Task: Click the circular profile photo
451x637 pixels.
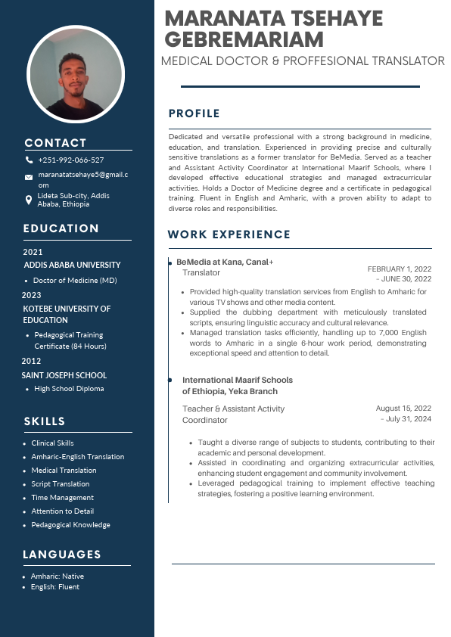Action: (75, 75)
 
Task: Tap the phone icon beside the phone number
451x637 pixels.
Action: (29, 160)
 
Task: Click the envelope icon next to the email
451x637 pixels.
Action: (29, 177)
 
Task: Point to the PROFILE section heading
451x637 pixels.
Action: (194, 113)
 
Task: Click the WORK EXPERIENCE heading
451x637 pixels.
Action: (229, 235)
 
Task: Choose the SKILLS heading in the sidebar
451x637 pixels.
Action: (45, 421)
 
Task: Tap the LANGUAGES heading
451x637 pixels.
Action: (62, 555)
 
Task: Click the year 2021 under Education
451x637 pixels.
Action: (33, 252)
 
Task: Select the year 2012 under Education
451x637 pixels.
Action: (31, 361)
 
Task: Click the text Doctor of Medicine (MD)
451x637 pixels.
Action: (75, 281)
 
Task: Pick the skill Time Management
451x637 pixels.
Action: (62, 498)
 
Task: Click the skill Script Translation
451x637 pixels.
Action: (60, 484)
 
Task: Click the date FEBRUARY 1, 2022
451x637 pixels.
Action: (400, 269)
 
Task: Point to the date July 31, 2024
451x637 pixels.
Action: (408, 419)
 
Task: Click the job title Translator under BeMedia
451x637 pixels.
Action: (201, 272)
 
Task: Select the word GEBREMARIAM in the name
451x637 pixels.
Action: (244, 39)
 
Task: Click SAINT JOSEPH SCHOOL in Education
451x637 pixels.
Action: (64, 375)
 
